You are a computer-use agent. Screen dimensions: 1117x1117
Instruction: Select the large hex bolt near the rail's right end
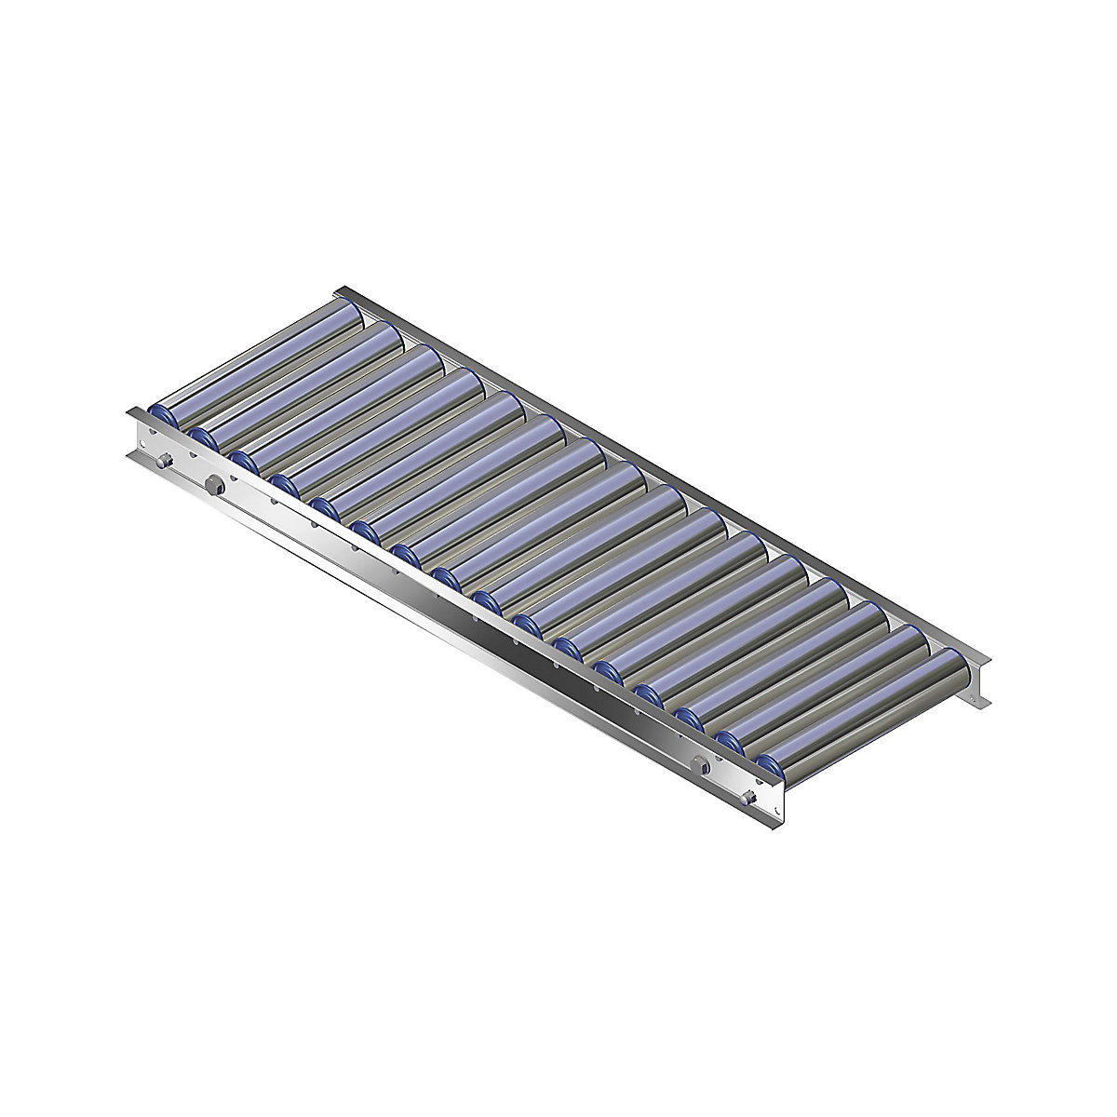(x=700, y=766)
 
